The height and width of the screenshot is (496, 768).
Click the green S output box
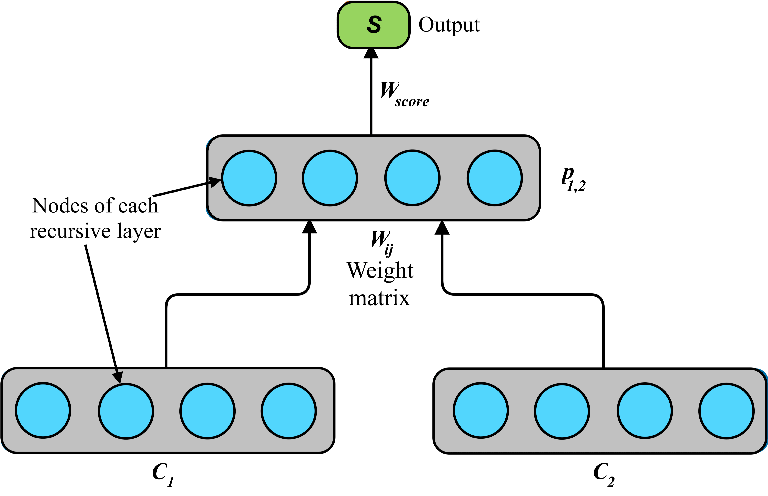tap(373, 25)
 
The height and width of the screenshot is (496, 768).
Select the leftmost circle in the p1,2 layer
tap(249, 178)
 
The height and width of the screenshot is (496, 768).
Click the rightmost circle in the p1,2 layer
tap(495, 178)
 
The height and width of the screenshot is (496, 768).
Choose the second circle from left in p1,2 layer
tap(330, 178)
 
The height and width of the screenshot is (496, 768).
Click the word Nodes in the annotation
tap(60, 206)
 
